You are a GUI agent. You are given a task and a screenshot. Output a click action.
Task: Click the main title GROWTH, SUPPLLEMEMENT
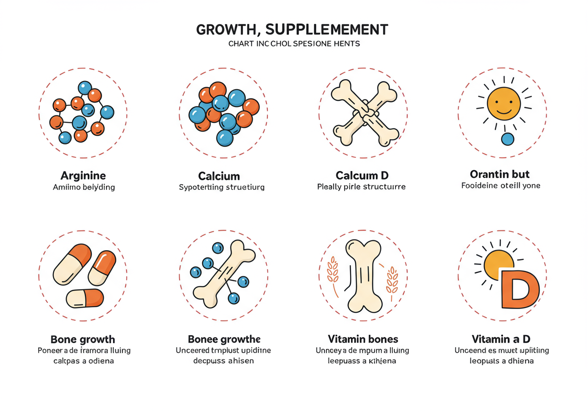[x=292, y=30]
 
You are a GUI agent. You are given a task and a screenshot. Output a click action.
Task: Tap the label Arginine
[x=83, y=176]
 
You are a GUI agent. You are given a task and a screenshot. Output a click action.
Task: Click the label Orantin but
[x=500, y=174]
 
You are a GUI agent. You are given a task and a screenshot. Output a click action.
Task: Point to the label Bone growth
[x=83, y=340]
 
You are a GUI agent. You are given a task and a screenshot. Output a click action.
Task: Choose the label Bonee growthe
[x=224, y=340]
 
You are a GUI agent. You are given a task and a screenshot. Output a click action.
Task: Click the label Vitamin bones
[x=363, y=339]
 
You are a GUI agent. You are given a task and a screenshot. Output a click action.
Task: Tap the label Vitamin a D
[x=501, y=339]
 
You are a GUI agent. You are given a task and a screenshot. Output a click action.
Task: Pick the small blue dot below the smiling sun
[x=508, y=139]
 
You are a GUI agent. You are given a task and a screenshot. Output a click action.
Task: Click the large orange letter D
[x=519, y=288]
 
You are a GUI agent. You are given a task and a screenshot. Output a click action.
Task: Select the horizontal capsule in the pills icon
[x=85, y=298]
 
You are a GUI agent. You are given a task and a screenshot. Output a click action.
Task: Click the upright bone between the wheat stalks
[x=363, y=276]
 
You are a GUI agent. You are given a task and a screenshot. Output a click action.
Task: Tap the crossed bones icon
[x=363, y=113]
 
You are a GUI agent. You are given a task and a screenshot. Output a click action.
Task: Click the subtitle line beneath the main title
[x=294, y=44]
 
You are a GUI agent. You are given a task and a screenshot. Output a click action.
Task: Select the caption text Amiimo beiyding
[x=84, y=188]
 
